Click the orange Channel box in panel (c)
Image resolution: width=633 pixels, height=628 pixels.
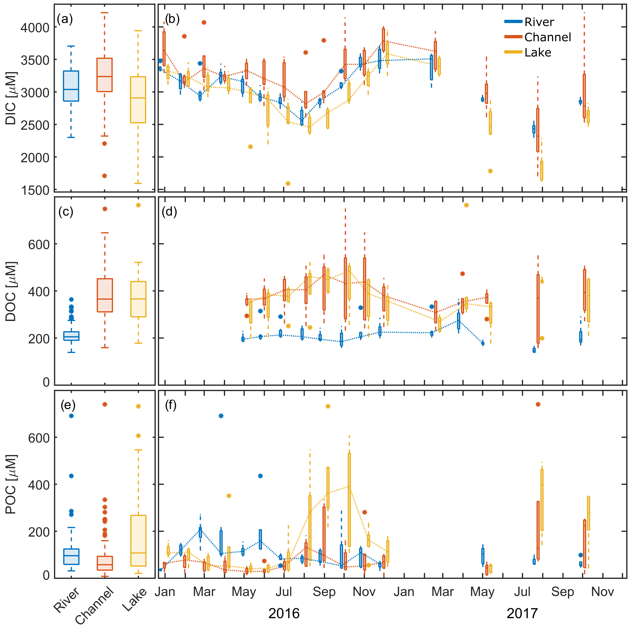(x=105, y=295)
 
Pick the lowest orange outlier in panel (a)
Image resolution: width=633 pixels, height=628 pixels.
(x=105, y=176)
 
